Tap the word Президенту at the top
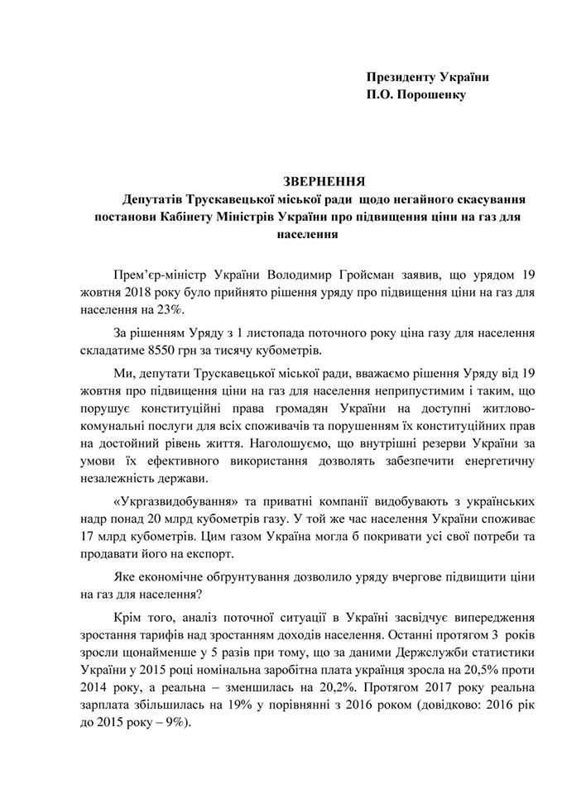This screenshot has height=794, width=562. [x=403, y=77]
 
